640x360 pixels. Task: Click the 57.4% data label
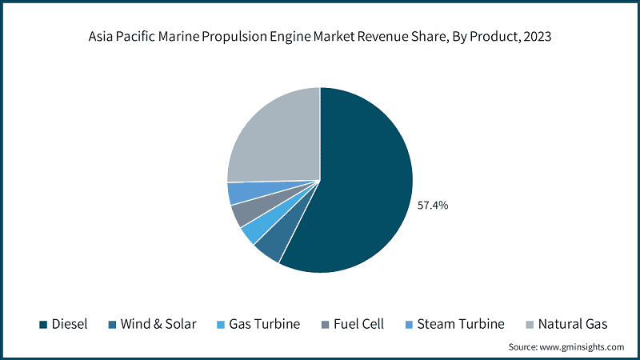[433, 206]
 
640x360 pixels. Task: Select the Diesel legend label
[70, 324]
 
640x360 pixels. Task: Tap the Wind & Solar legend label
[157, 324]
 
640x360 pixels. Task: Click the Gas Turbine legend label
[264, 324]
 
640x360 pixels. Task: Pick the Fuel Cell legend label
[358, 324]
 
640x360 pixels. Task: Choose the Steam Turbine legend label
[462, 324]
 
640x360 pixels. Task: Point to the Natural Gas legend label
[573, 324]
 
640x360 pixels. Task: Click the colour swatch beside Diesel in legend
[43, 325]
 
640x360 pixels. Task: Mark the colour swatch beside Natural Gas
[530, 325]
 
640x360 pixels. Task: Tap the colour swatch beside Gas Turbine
[222, 325]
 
